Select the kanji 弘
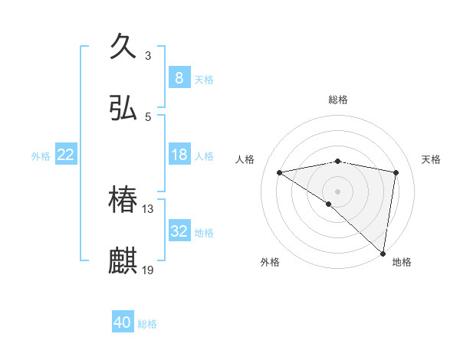pos(123,109)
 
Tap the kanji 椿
pos(123,201)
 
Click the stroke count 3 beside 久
pos(148,55)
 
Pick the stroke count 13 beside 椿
pos(148,208)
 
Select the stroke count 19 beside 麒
pos(148,270)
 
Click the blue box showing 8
pos(179,78)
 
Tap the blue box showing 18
pos(179,155)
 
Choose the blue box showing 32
pos(179,231)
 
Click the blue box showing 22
pos(66,155)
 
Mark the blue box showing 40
pos(122,323)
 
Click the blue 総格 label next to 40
pos(148,324)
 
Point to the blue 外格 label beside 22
pos(41,155)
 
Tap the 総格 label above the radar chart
pos(338,100)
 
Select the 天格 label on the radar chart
pos(432,159)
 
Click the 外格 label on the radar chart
pos(270,262)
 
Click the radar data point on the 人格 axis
pos(280,172)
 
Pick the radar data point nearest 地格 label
pos(383,253)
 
